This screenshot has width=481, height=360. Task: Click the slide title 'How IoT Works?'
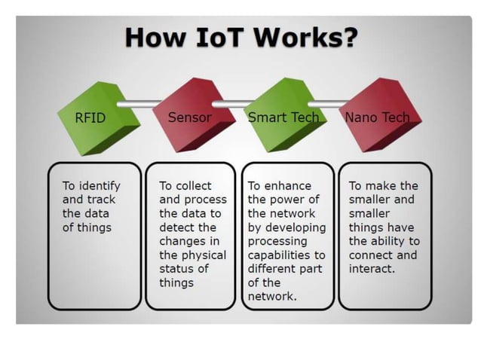240,36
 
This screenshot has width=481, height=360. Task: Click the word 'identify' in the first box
99,185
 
